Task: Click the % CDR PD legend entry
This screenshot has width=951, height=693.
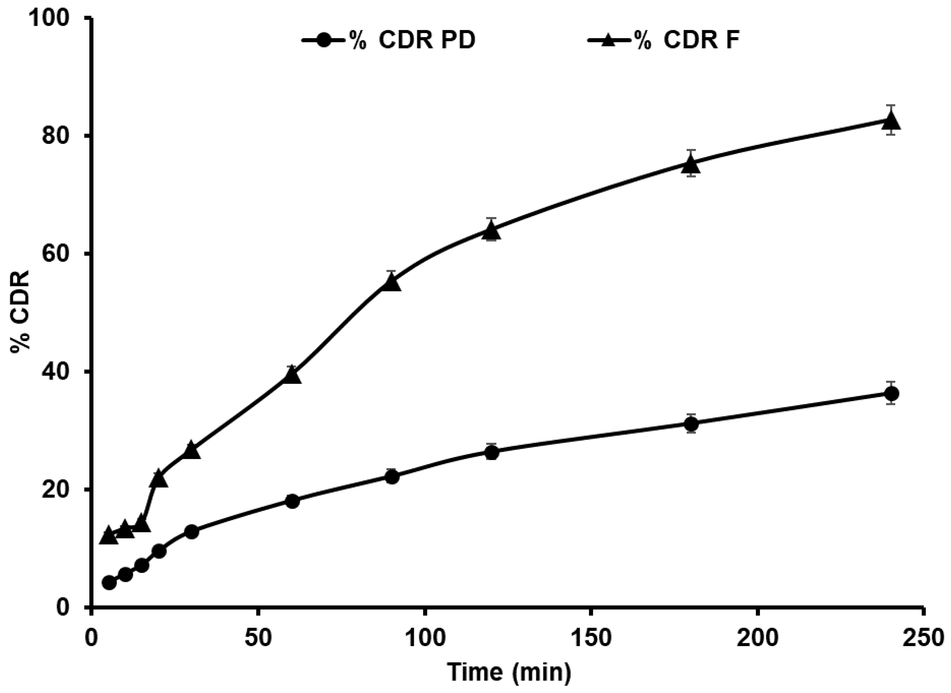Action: [x=388, y=41]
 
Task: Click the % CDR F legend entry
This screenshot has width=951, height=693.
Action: [x=663, y=41]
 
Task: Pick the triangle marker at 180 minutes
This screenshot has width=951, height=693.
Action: [x=691, y=165]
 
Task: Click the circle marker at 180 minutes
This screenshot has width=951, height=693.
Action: [x=691, y=424]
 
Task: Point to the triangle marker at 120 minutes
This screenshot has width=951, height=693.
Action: [x=491, y=231]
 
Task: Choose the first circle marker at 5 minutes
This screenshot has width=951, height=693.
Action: [x=109, y=583]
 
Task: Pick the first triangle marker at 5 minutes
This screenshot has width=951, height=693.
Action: [x=108, y=535]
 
